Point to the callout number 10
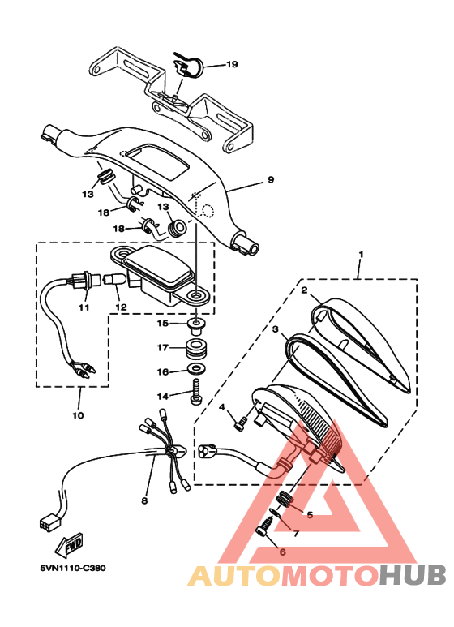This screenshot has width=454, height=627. pyautogui.click(x=78, y=416)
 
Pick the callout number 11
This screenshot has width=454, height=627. pyautogui.click(x=83, y=308)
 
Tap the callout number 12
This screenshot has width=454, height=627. pyautogui.click(x=122, y=308)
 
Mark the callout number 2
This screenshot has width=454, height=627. pyautogui.click(x=304, y=290)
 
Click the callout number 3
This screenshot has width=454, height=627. pyautogui.click(x=276, y=330)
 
